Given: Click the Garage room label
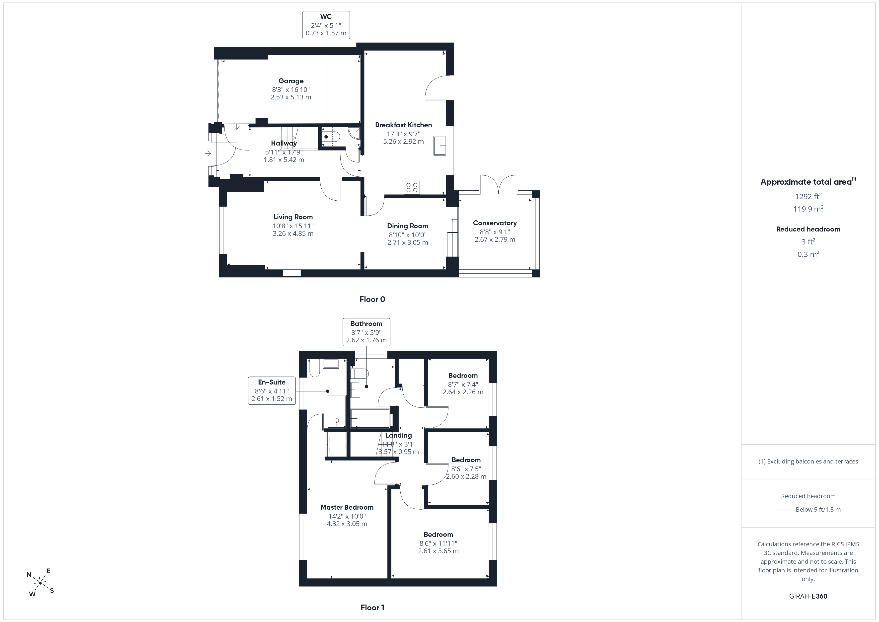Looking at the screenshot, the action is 291,81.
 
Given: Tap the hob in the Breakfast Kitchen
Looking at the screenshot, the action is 412,187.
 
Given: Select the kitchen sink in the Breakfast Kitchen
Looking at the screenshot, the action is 439,146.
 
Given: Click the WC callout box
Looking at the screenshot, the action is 326,25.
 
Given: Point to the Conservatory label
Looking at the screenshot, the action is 495,223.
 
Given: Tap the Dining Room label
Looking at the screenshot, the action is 407,226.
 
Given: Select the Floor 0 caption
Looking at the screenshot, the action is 372,300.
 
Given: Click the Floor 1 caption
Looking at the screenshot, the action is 372,608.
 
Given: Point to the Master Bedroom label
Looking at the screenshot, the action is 347,507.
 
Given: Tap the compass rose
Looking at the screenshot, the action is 40,583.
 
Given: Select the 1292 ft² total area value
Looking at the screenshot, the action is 808,196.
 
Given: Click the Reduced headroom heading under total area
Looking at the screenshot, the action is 808,229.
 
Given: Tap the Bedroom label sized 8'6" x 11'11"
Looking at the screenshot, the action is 438,534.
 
